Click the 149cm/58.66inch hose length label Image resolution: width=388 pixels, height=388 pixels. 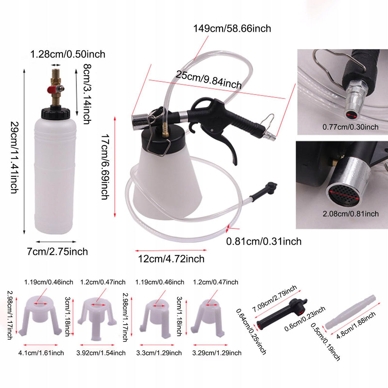pyautogui.click(x=232, y=28)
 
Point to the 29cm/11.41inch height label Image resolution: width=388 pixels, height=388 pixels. pyautogui.click(x=14, y=157)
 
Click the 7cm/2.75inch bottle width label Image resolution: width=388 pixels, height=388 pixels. pyautogui.click(x=58, y=252)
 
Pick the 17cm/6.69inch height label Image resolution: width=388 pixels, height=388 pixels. pyautogui.click(x=105, y=167)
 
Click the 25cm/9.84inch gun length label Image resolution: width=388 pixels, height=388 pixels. pyautogui.click(x=209, y=80)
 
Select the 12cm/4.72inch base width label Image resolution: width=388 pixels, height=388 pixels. pyautogui.click(x=171, y=259)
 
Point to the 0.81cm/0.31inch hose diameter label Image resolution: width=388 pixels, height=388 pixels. pyautogui.click(x=264, y=241)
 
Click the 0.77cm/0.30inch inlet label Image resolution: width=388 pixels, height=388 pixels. pyautogui.click(x=350, y=127)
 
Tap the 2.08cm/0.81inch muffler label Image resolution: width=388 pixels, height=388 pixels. pyautogui.click(x=350, y=214)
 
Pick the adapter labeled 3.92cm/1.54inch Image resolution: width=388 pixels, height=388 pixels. pyautogui.click(x=97, y=318)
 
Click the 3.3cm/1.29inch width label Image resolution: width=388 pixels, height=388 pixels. pyautogui.click(x=159, y=353)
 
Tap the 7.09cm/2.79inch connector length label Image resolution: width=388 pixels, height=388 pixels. pyautogui.click(x=274, y=298)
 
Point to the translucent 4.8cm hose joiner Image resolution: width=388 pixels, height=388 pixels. pyautogui.click(x=350, y=312)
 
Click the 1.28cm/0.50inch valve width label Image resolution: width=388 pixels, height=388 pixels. pyautogui.click(x=67, y=54)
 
